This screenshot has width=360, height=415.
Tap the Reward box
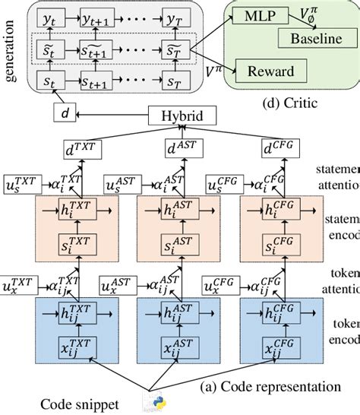273,72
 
